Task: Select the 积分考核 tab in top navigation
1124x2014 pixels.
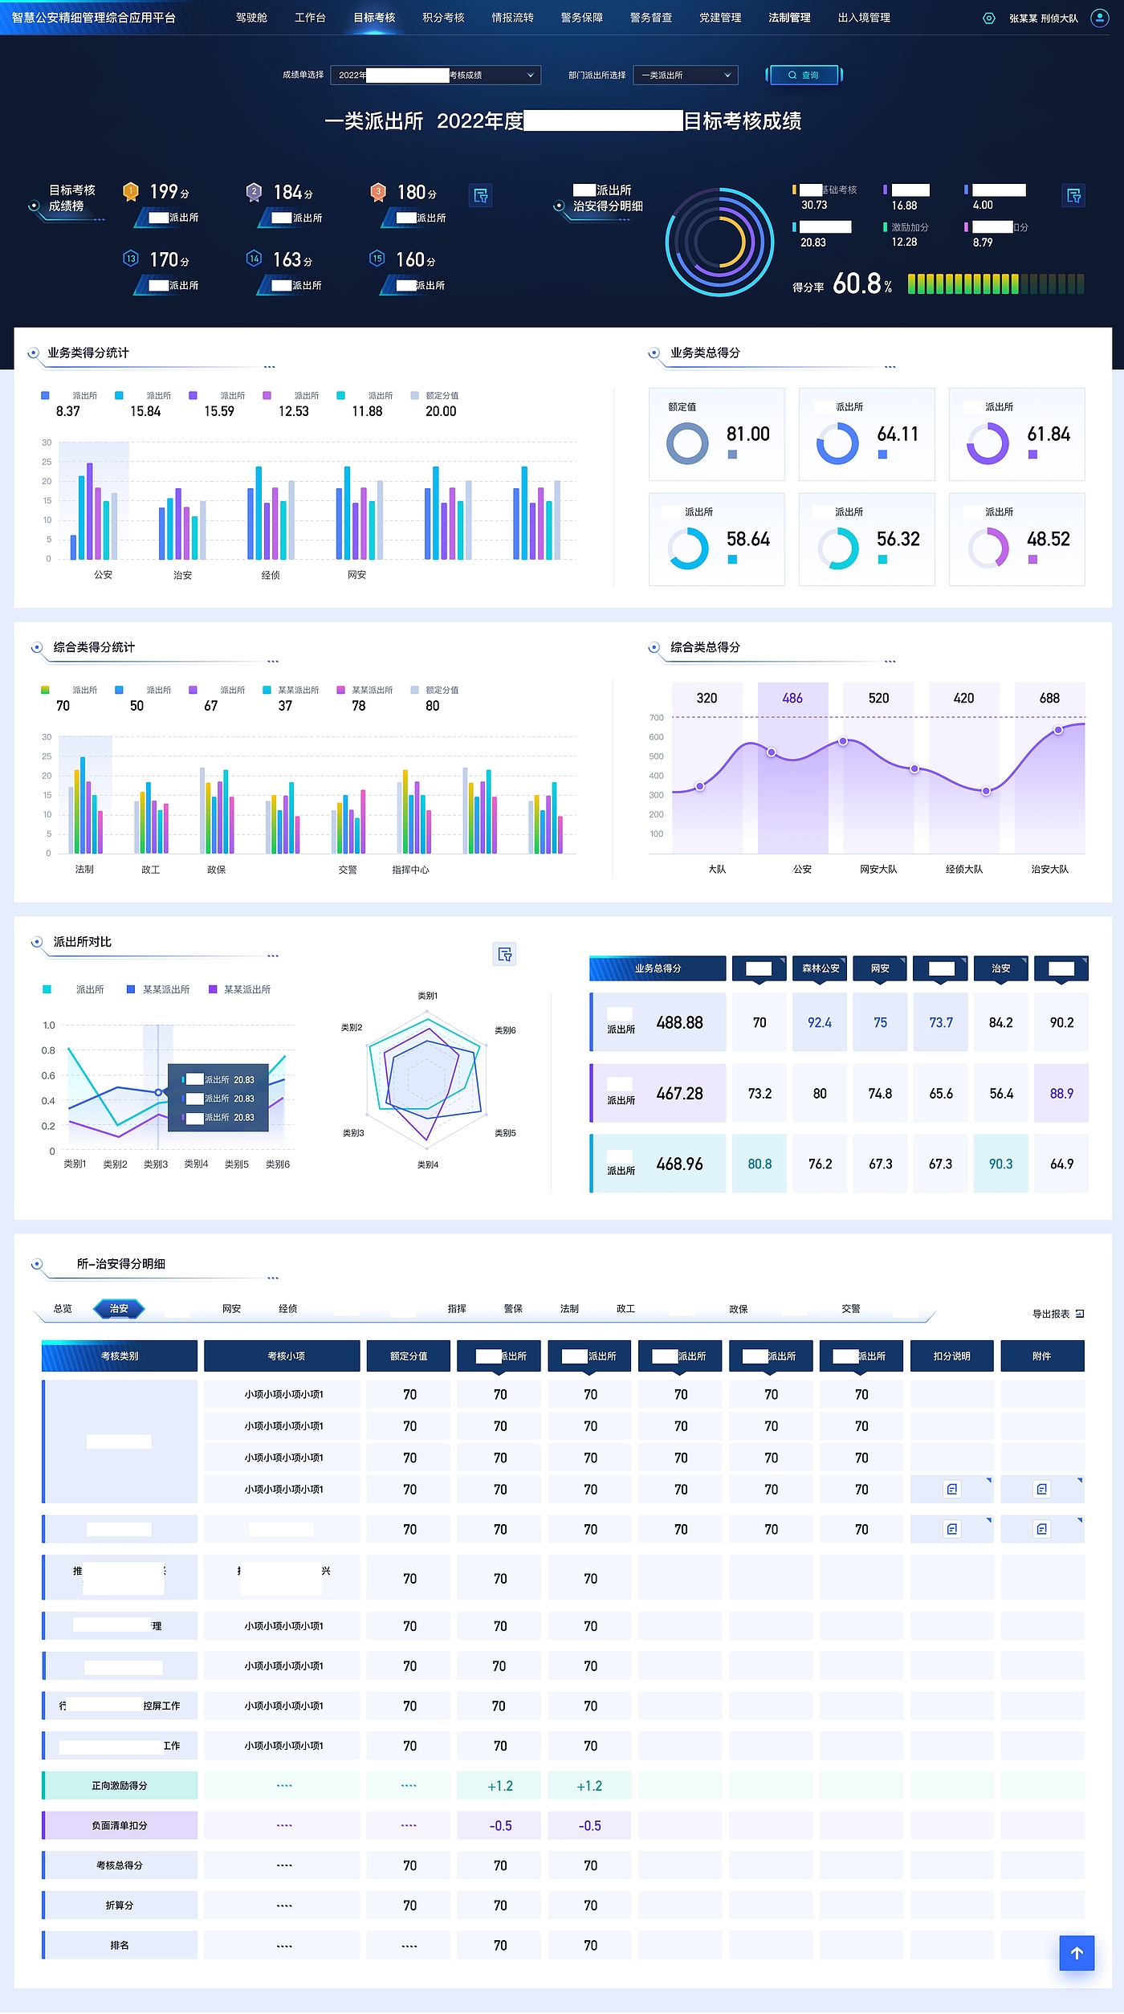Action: coord(443,18)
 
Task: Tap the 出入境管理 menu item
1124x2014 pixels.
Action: coord(864,18)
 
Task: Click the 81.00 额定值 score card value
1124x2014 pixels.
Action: coord(747,434)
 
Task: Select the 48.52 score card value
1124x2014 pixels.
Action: coord(1048,539)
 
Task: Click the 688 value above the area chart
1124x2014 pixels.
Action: coord(1049,698)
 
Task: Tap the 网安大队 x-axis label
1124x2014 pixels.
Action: coord(878,869)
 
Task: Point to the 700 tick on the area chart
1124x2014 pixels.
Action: coord(657,717)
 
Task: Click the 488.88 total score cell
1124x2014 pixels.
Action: coord(679,1022)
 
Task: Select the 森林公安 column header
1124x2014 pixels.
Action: coord(820,968)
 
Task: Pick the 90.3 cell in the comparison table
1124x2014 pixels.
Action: coord(1000,1164)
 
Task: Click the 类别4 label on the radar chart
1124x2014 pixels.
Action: coord(428,1164)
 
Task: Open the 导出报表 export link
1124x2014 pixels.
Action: coord(1057,1314)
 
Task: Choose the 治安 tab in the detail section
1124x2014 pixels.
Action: coord(119,1308)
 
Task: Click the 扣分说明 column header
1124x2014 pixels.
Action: coord(951,1356)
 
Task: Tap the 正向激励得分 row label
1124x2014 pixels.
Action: coord(120,1785)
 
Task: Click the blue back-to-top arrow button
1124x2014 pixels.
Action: coord(1077,1953)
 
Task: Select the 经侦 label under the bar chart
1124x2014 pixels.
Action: coord(271,575)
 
